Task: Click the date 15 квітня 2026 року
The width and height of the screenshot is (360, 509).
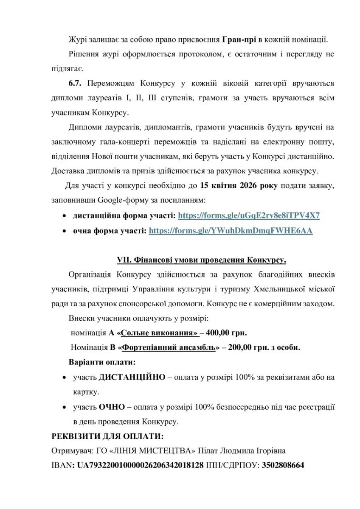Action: [228, 185]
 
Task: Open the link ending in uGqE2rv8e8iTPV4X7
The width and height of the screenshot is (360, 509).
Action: [249, 215]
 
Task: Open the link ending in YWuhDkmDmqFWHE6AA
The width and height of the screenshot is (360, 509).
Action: [231, 231]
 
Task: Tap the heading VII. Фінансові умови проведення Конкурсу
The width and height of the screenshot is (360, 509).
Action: [202, 259]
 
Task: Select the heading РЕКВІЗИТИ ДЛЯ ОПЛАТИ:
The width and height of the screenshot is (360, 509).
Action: [107, 437]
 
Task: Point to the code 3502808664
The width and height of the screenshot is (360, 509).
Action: [283, 465]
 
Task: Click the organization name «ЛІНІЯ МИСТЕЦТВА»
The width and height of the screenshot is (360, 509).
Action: [159, 450]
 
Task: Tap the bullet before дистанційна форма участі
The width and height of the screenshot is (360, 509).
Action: [64, 215]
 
